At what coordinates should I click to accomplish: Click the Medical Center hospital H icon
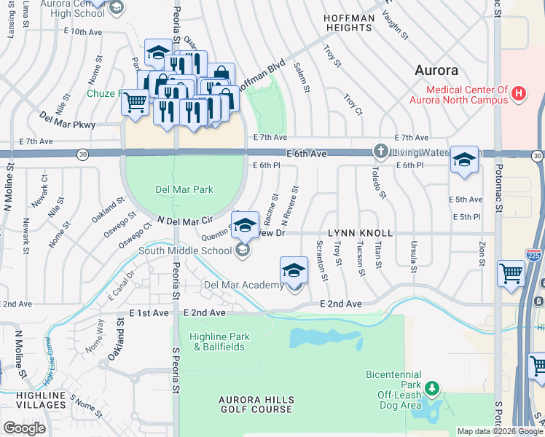click(x=519, y=94)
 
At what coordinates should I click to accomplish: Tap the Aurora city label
click(x=436, y=71)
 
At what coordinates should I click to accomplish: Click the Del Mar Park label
click(x=184, y=189)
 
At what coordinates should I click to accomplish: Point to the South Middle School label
click(x=186, y=251)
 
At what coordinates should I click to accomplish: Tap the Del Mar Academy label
click(x=243, y=286)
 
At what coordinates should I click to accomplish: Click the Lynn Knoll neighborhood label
click(x=360, y=233)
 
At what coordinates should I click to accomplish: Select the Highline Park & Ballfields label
click(x=219, y=342)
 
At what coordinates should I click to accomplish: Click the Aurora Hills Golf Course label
click(x=256, y=405)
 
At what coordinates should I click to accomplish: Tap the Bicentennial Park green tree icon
click(x=433, y=387)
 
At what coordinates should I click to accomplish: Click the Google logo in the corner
click(x=23, y=428)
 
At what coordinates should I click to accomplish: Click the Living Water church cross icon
click(x=380, y=151)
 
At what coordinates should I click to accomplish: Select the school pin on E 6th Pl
click(x=464, y=160)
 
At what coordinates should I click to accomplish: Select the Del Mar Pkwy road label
click(x=68, y=119)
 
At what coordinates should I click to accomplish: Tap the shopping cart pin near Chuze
click(x=135, y=103)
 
